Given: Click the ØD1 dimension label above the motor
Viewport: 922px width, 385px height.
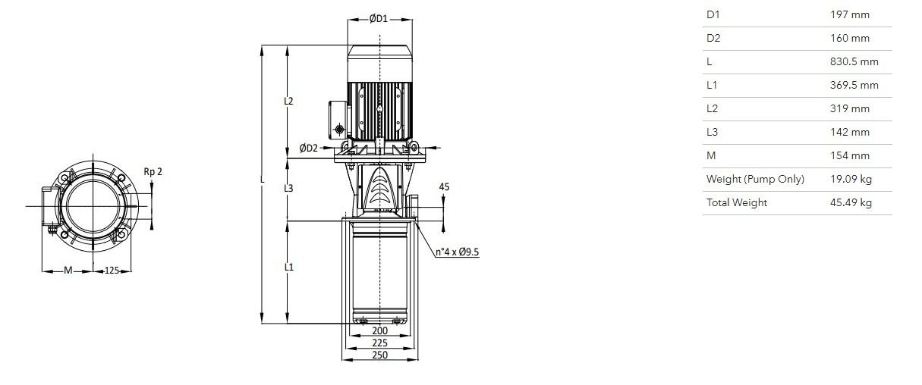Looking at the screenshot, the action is click(x=378, y=19).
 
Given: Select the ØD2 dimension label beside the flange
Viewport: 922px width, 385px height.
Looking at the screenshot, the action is click(x=309, y=148).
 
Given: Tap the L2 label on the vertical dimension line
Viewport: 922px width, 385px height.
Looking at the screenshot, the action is click(x=288, y=101).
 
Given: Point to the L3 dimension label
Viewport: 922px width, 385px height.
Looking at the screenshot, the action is click(x=288, y=188).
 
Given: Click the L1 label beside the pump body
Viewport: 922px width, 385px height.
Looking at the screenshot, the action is click(x=289, y=267).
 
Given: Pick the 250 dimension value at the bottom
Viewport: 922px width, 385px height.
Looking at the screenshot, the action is click(x=379, y=355).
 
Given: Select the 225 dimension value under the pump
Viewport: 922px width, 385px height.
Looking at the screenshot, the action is click(x=379, y=343).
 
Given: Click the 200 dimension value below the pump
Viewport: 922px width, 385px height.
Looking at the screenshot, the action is click(x=379, y=330).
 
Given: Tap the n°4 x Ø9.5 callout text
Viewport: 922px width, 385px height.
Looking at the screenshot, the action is click(x=458, y=252).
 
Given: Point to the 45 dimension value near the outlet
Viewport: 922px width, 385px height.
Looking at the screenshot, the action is click(x=444, y=187).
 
